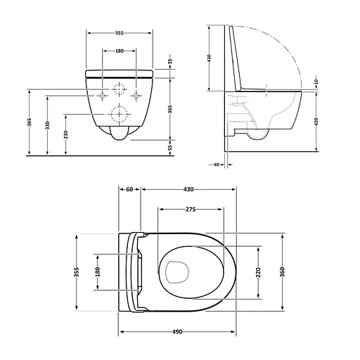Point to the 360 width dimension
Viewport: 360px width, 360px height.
click(x=281, y=271)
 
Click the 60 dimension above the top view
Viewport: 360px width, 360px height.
click(x=130, y=190)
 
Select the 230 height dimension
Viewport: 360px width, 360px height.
click(x=66, y=134)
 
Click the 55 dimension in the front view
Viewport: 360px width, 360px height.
click(x=170, y=148)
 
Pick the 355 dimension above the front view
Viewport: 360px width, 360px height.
click(x=120, y=32)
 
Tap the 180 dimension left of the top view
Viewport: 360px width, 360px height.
click(x=97, y=271)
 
